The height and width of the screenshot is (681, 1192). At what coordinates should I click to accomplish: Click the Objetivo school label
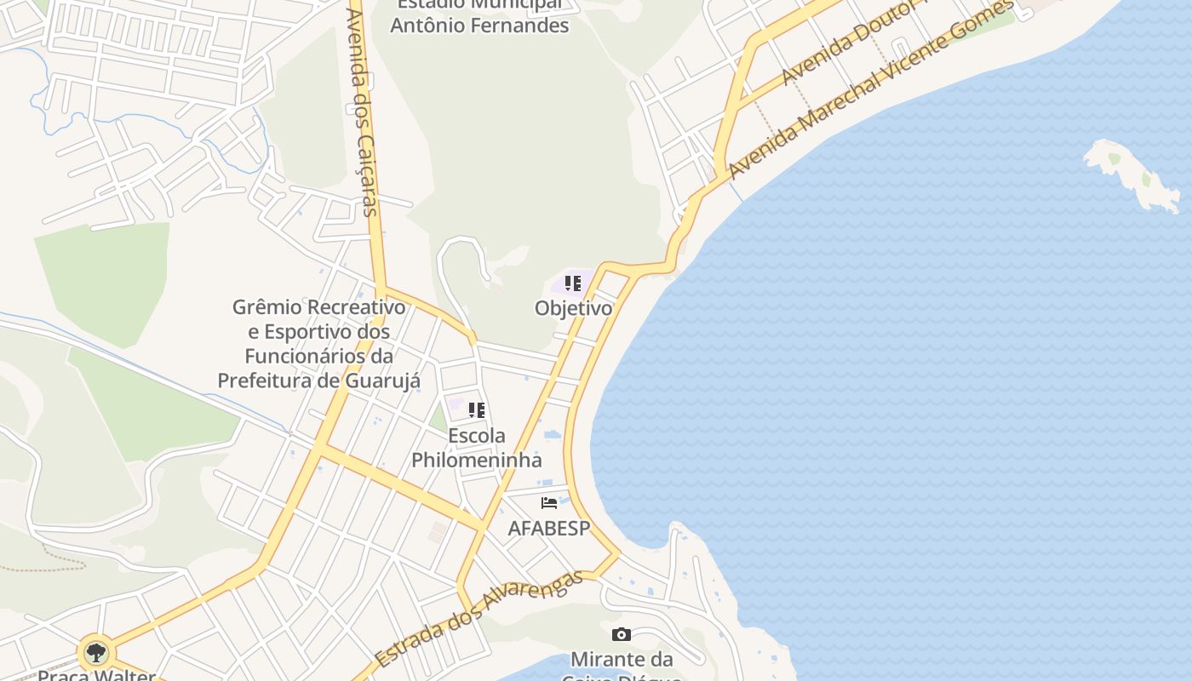tap(573, 308)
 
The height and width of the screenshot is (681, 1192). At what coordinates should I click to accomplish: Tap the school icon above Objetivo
tap(573, 283)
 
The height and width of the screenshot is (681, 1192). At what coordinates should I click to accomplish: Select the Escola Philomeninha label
tap(477, 448)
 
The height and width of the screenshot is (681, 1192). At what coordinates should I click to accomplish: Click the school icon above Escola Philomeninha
tap(477, 410)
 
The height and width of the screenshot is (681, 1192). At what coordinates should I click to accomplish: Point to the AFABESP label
tap(549, 529)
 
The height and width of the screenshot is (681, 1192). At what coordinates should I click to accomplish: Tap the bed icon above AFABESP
tap(549, 503)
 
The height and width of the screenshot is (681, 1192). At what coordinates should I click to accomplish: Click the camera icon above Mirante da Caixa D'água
tap(622, 634)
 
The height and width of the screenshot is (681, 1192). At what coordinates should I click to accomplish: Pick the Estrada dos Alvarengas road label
tap(479, 617)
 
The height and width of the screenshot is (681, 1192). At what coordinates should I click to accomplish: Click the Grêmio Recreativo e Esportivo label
tap(319, 343)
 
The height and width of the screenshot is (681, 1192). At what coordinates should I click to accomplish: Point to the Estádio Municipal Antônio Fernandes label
tap(479, 17)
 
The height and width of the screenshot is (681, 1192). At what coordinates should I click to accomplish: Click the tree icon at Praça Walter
tap(96, 653)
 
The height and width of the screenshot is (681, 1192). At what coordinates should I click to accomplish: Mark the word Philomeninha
tap(477, 461)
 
